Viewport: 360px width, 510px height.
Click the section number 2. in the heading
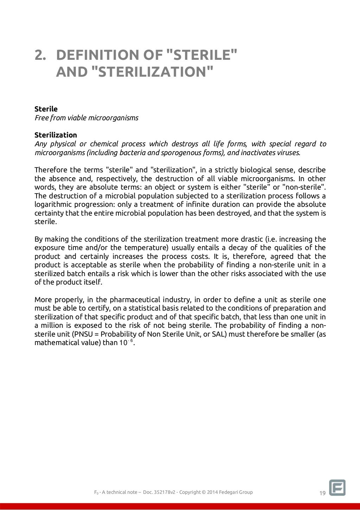[x=41, y=55]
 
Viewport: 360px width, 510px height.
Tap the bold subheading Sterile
[x=46, y=109]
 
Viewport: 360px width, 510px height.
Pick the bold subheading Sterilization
[x=56, y=135]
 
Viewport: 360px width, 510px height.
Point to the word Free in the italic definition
[x=41, y=118]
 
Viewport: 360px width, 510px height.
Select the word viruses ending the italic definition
[x=289, y=152]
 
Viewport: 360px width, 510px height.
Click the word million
[x=51, y=325]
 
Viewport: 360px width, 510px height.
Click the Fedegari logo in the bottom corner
[x=337, y=487]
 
